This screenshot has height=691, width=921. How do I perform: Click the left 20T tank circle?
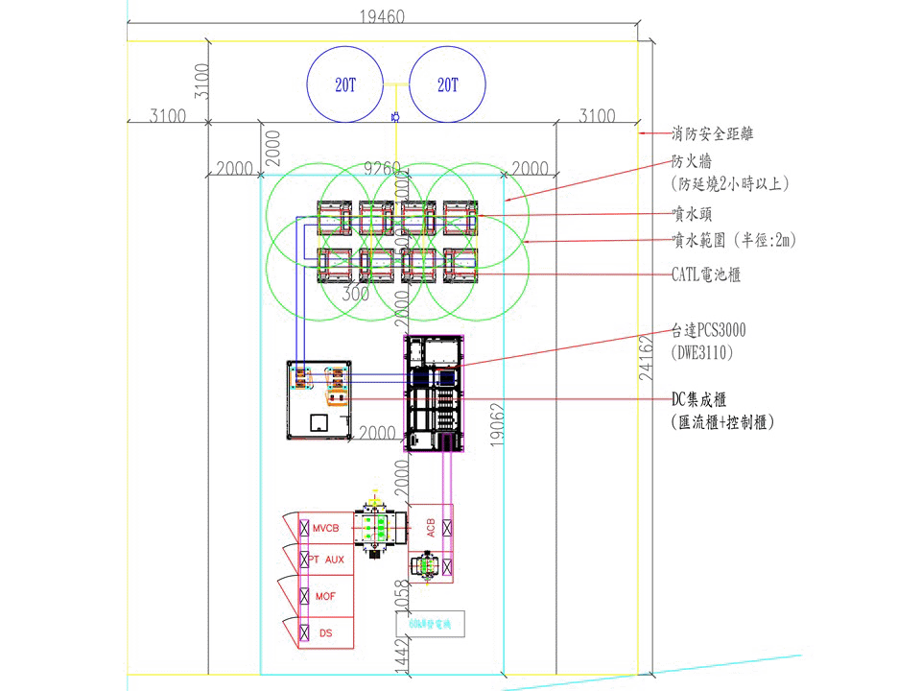click(x=344, y=83)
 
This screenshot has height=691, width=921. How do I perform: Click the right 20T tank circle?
click(x=447, y=83)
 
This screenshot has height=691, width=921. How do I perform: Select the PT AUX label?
click(x=326, y=560)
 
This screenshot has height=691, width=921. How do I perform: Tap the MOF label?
click(x=326, y=596)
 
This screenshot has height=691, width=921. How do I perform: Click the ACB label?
click(x=430, y=527)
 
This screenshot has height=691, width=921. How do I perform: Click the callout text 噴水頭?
click(x=692, y=214)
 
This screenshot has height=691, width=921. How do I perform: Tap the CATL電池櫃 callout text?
click(x=706, y=274)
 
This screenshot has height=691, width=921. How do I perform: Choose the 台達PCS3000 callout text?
click(x=709, y=331)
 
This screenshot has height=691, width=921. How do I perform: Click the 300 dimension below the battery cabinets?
click(x=356, y=295)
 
